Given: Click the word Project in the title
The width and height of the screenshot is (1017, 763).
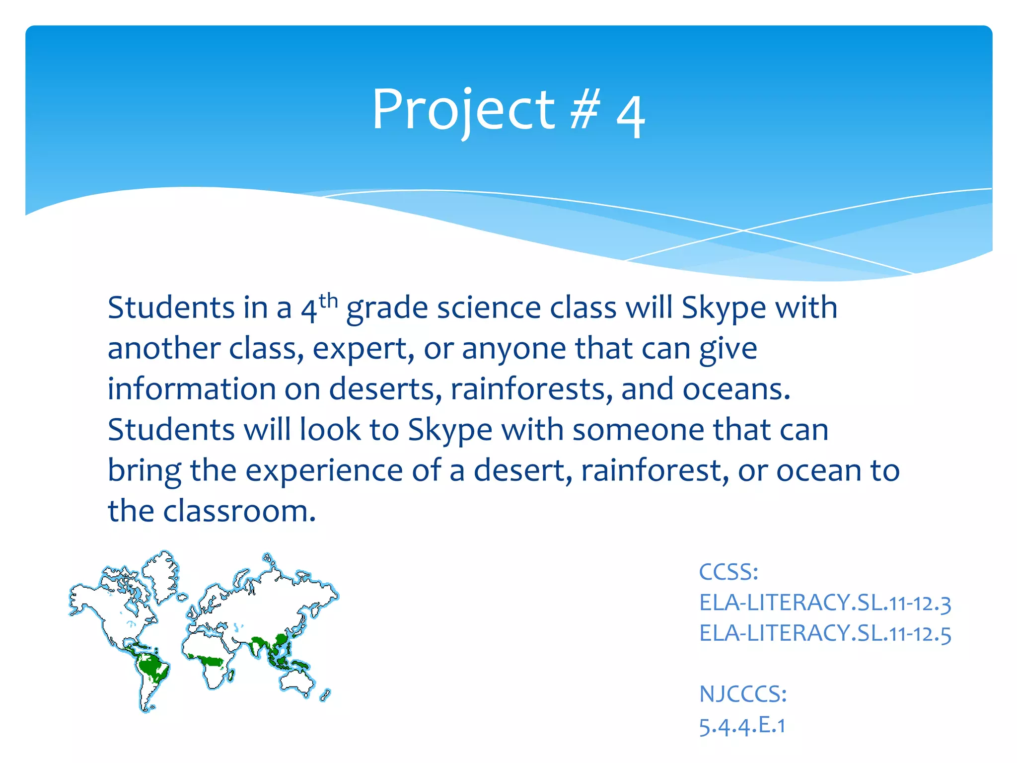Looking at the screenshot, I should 463,110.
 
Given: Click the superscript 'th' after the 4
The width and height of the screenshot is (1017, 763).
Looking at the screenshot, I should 328,301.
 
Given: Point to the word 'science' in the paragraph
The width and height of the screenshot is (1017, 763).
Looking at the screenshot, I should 489,308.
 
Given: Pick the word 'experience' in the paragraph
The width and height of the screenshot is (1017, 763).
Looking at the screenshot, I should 324,470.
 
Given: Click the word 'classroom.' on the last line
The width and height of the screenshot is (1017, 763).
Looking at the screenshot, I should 239,511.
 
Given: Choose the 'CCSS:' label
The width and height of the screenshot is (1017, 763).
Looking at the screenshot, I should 728,572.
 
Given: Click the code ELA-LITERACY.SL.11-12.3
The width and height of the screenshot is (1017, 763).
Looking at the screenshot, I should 824,603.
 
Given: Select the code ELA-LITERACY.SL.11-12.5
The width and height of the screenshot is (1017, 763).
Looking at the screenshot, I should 824,634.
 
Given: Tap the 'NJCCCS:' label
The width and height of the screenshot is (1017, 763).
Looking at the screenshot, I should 743,694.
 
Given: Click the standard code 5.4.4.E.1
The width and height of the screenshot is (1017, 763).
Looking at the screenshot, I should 742,726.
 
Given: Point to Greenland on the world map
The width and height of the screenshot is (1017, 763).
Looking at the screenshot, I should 160,571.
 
